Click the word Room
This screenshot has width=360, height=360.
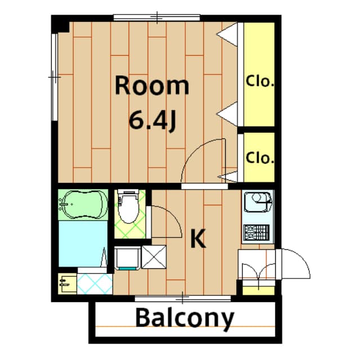tap(152, 86)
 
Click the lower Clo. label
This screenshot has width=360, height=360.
tap(259, 157)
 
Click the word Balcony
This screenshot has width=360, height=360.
tap(184, 318)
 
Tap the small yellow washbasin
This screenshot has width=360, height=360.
tap(66, 282)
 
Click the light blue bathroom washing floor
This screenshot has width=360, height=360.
tap(82, 243)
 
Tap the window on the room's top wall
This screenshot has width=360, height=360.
tap(156, 17)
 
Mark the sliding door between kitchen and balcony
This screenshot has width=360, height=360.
tap(183, 296)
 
